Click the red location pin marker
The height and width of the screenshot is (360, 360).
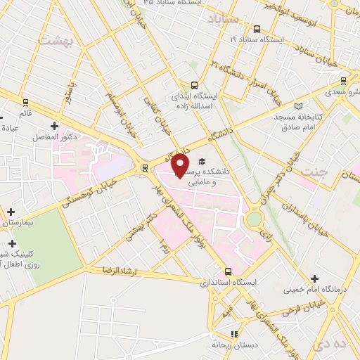[181, 165]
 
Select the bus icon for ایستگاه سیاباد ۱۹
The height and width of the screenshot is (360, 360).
[257, 30]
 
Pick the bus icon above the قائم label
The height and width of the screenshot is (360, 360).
[25, 102]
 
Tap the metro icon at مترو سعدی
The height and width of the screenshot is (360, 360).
[343, 81]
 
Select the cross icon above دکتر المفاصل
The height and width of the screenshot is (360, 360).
[54, 127]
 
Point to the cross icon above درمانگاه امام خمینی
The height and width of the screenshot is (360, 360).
[314, 279]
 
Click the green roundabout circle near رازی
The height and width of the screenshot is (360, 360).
[252, 219]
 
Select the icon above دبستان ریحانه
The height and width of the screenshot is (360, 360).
[235, 334]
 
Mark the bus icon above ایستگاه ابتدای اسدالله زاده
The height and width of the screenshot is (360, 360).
[195, 85]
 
